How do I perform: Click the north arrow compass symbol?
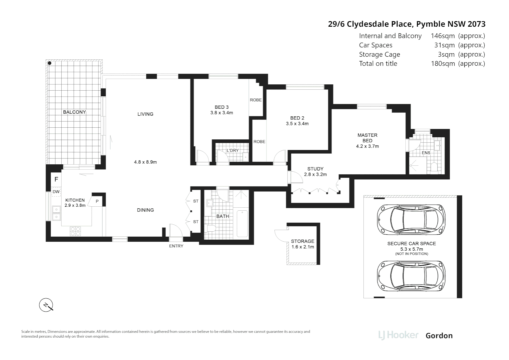point(46,305)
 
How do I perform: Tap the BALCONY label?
point(74,112)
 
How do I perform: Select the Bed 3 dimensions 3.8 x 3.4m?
point(222,113)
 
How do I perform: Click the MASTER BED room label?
point(367,138)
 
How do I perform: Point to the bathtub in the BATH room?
point(243,223)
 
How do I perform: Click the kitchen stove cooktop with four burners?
point(75,231)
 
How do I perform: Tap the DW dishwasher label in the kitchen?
point(56,192)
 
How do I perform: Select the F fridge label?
point(56,179)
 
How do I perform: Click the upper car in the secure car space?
point(411,219)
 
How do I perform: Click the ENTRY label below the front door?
point(176,246)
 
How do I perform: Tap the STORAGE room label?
point(302,241)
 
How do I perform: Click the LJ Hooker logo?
point(398,335)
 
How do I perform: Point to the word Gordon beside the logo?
point(439,336)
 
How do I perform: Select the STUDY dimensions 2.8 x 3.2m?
point(315,174)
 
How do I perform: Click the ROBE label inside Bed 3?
point(256,100)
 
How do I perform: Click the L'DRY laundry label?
point(233,150)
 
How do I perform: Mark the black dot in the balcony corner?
point(49,63)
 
